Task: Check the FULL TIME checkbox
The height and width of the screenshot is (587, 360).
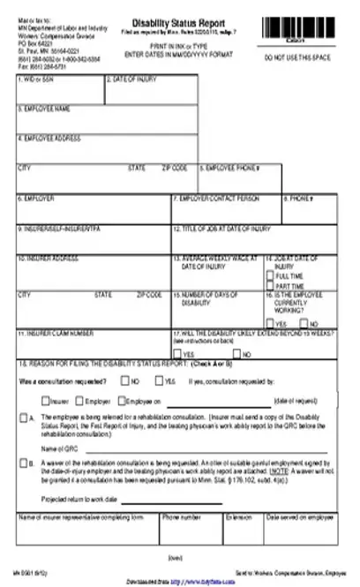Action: coord(269,276)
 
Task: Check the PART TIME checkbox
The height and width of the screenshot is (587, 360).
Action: coord(269,286)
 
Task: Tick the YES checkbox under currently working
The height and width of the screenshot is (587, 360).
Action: coord(269,323)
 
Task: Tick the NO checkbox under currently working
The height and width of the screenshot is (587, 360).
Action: coord(304,323)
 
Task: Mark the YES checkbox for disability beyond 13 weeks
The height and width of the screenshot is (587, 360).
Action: coord(177,353)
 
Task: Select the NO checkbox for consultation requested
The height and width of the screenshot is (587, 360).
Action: coord(125,381)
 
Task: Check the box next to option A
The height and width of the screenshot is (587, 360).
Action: coord(23,415)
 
